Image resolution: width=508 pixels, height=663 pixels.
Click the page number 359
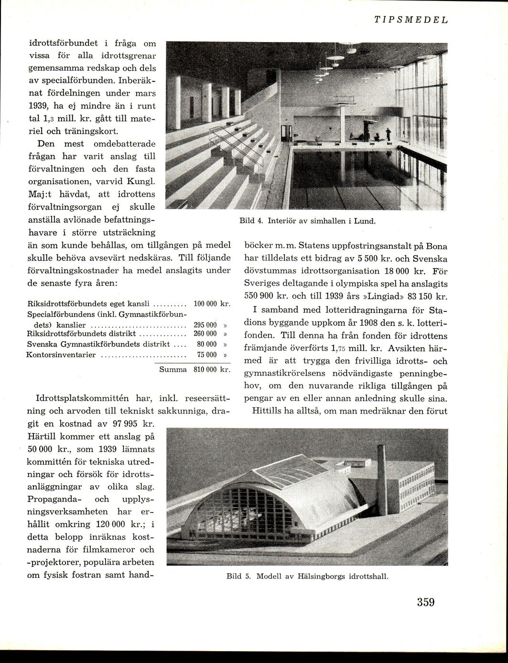(425, 602)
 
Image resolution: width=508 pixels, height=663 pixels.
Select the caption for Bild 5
(307, 576)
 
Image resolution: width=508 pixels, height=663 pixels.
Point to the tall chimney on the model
(382, 478)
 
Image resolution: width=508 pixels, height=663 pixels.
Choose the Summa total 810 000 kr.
(212, 370)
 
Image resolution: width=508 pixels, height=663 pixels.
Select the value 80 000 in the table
(207, 344)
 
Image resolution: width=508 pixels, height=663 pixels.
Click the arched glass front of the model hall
(239, 513)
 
